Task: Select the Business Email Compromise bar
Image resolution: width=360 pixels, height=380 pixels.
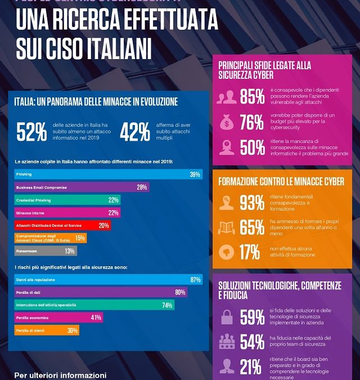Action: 82,187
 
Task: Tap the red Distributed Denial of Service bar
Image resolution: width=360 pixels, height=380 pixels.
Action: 62,225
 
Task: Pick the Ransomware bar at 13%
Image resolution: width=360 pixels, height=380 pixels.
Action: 46,251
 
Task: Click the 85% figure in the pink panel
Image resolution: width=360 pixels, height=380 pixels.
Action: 252,97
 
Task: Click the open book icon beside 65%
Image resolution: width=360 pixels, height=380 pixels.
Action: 227,227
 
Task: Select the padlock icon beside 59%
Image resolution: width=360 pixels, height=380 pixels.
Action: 227,317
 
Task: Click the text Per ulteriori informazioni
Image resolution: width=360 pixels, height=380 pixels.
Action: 60,374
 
